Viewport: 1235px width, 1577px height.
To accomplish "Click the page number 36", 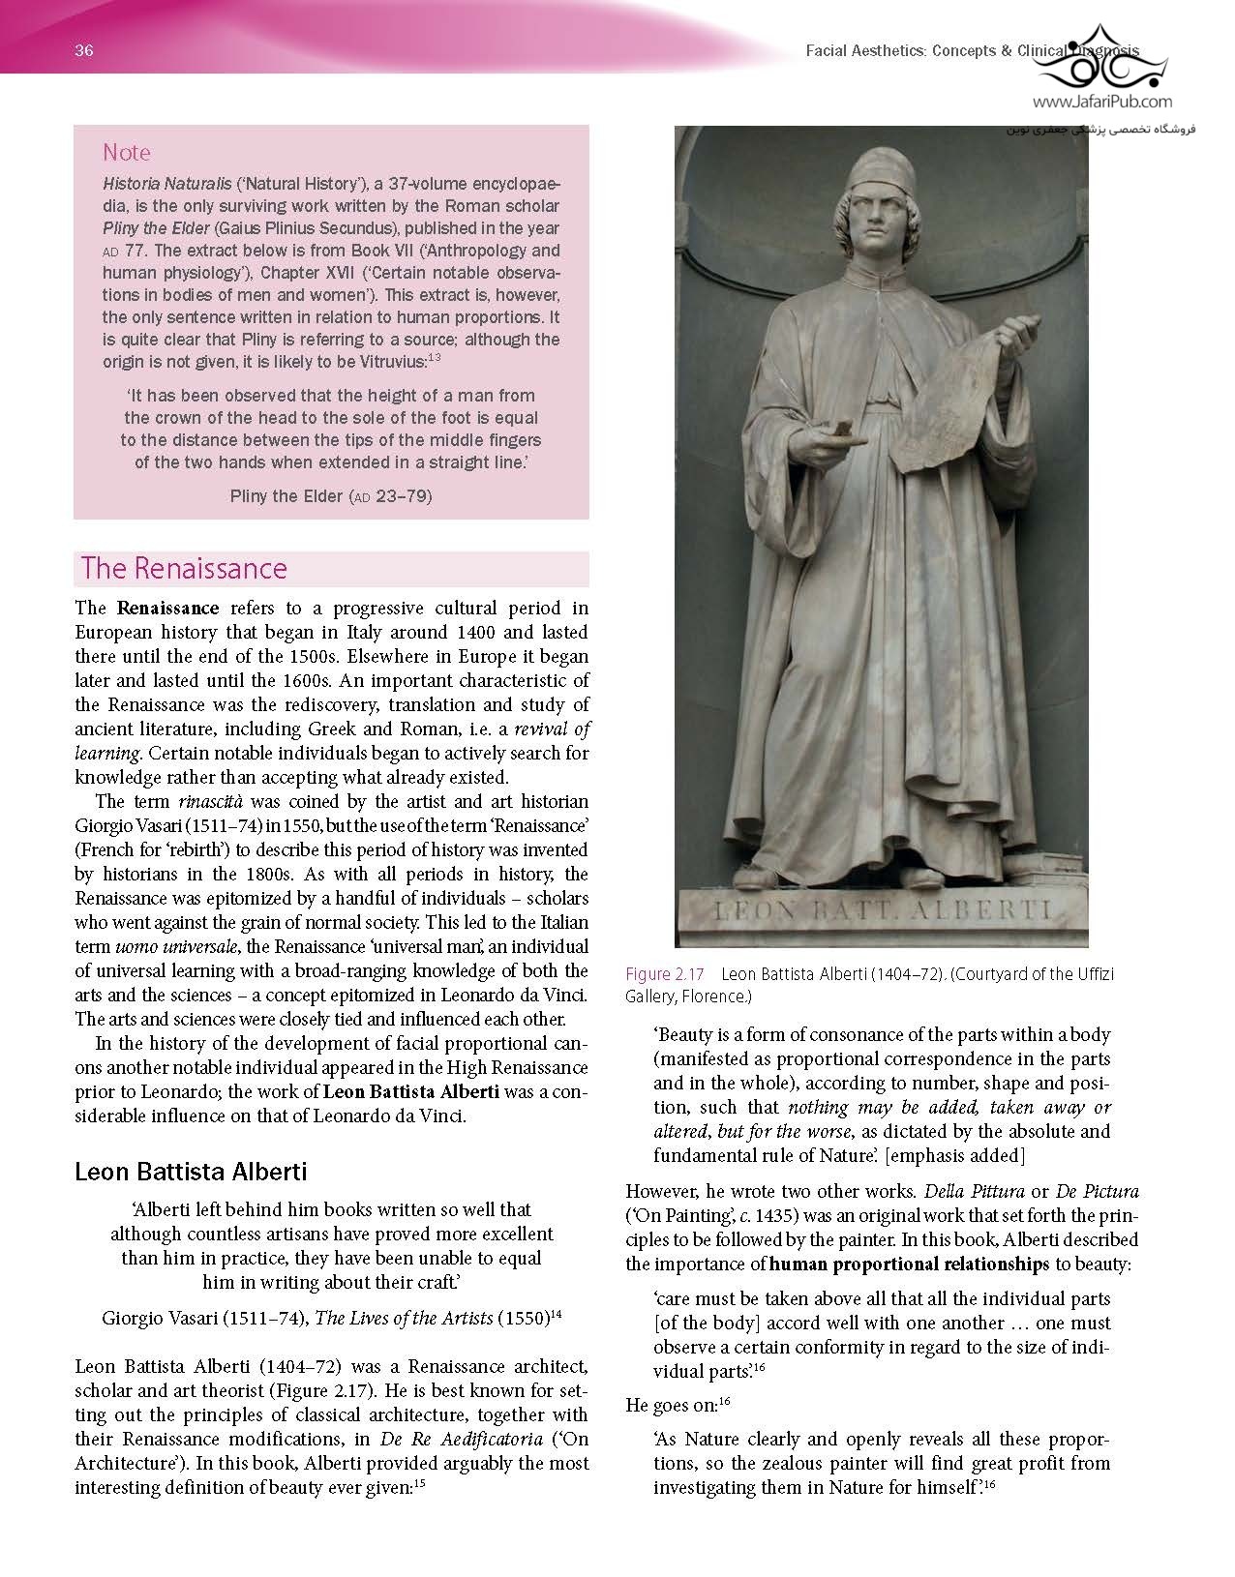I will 84,51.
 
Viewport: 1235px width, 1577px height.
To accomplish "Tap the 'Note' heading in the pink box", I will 127,152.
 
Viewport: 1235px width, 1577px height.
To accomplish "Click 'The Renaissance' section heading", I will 184,568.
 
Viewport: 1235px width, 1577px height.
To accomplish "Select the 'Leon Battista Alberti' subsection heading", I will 191,1172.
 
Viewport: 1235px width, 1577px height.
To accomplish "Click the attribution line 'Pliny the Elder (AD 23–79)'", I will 331,496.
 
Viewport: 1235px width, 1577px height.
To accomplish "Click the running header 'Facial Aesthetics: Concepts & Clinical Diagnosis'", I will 973,51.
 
